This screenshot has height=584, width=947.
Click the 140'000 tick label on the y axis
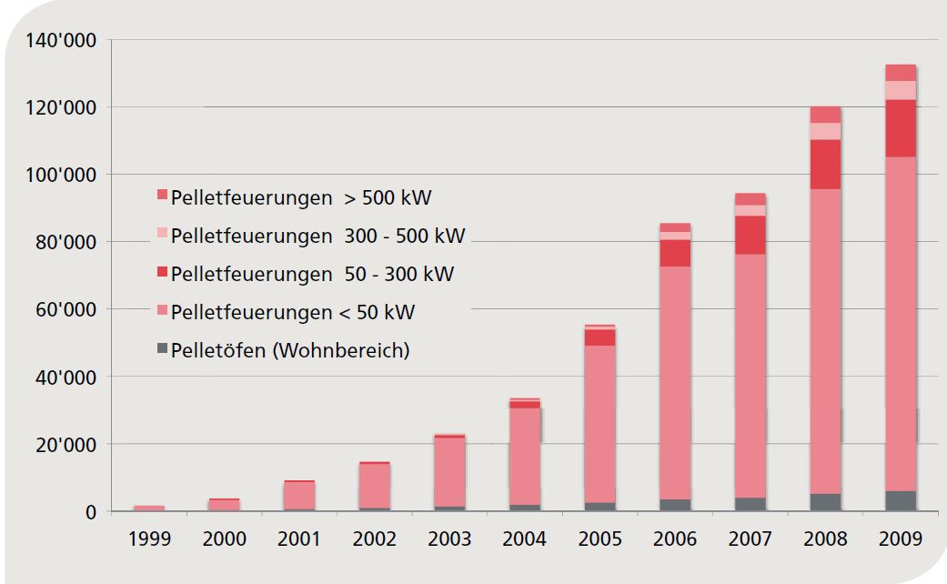click(x=60, y=40)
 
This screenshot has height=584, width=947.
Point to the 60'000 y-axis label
click(x=65, y=310)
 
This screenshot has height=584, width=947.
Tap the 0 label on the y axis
click(x=91, y=512)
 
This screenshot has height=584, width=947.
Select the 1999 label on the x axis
click(x=149, y=539)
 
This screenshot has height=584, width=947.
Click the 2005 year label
click(x=599, y=539)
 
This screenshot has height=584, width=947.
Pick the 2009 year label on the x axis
click(x=901, y=539)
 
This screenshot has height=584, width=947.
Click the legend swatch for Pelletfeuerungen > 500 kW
click(x=162, y=195)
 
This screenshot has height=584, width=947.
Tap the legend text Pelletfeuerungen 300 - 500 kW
click(x=317, y=236)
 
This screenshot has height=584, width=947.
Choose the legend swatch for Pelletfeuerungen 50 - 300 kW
click(x=162, y=271)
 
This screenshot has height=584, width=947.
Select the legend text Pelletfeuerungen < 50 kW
click(x=293, y=312)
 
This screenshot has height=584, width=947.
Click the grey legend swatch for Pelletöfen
click(x=162, y=347)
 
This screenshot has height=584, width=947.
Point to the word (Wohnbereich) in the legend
click(x=341, y=350)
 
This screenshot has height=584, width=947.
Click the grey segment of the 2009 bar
click(x=901, y=500)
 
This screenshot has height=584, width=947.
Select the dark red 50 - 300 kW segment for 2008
click(x=826, y=165)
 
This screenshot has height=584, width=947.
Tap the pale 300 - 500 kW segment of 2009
click(x=901, y=91)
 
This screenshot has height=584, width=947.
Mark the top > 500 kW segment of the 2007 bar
click(x=751, y=199)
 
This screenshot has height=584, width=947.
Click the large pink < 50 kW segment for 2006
click(x=675, y=383)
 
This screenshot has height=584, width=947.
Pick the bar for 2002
click(x=375, y=486)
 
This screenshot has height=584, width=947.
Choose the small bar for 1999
click(x=149, y=508)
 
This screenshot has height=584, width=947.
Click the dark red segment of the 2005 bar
click(x=599, y=337)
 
